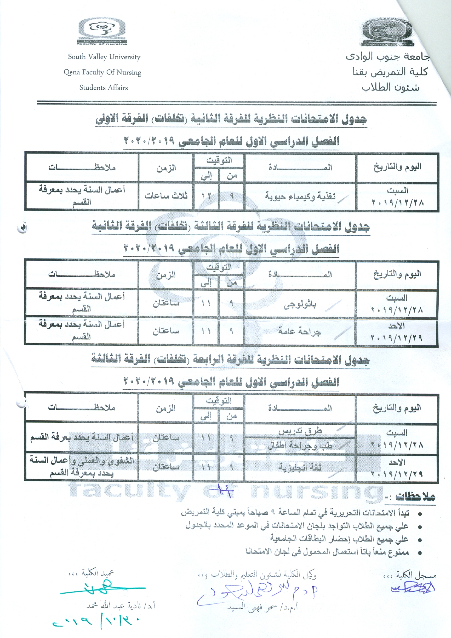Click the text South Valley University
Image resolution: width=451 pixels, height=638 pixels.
(x=104, y=57)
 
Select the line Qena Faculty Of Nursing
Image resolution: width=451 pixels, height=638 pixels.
(x=102, y=72)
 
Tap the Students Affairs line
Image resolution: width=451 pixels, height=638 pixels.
(x=104, y=88)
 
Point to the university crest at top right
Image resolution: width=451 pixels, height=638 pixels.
(x=387, y=32)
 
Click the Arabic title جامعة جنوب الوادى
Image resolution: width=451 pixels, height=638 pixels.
(x=388, y=57)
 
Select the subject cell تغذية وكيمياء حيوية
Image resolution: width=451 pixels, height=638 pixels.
(x=300, y=196)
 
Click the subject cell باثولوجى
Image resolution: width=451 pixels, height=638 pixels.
(x=300, y=305)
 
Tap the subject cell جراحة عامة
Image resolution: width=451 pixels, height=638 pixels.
(x=300, y=331)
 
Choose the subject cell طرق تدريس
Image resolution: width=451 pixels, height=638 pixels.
(x=300, y=431)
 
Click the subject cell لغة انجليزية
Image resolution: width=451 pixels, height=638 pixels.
(x=300, y=467)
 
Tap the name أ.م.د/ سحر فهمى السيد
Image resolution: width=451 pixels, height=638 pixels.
(x=263, y=607)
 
